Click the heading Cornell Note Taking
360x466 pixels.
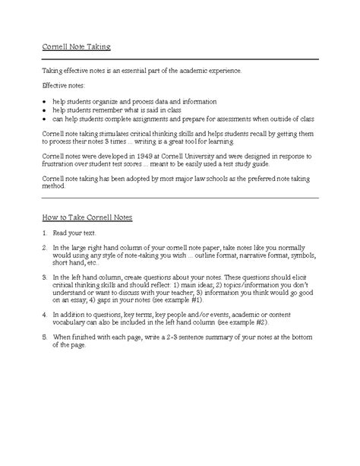pyautogui.click(x=76, y=48)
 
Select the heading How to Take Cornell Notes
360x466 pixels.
pyautogui.click(x=87, y=217)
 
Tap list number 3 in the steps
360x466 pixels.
pyautogui.click(x=44, y=277)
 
